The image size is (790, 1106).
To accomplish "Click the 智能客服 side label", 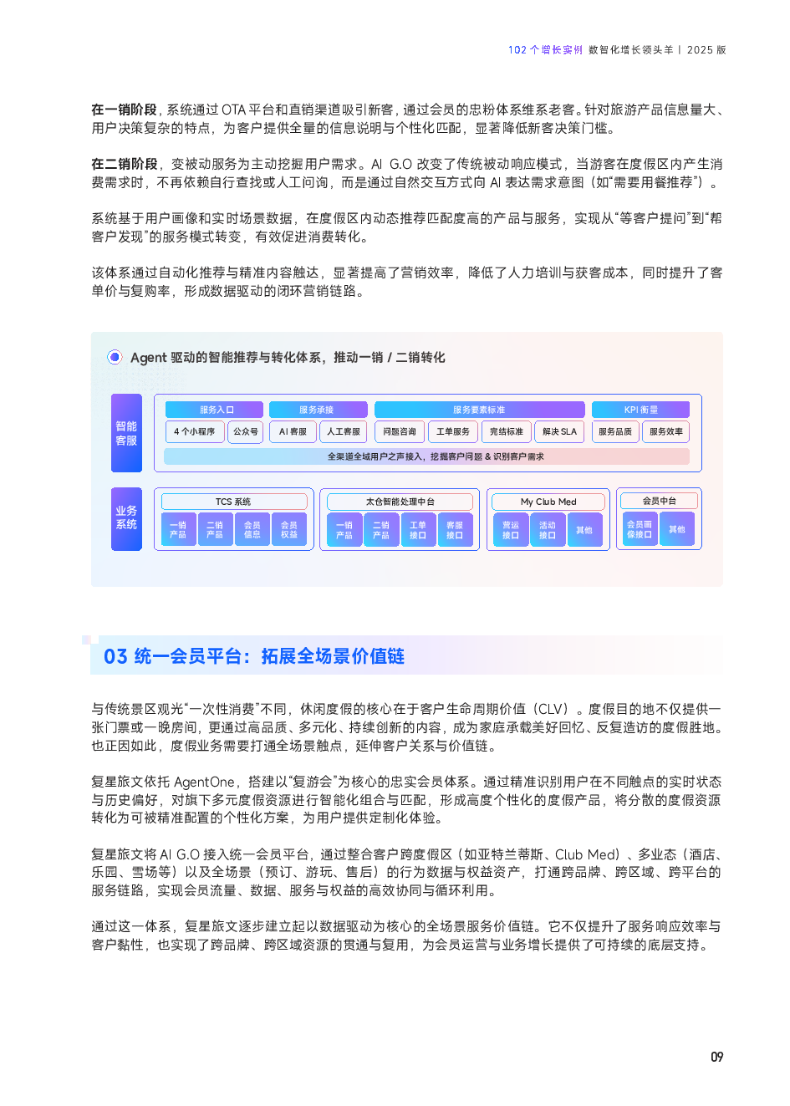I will coord(126,433).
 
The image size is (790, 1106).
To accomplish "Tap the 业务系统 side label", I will coord(126,518).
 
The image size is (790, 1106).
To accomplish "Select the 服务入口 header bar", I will coord(215,410).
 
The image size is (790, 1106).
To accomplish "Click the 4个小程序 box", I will coord(194,431).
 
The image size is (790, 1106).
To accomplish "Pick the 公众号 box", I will coord(245,431).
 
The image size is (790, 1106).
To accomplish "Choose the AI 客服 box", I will coord(293,431).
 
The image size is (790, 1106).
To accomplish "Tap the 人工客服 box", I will coord(344,431).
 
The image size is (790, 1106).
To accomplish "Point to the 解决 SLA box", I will coord(559,431).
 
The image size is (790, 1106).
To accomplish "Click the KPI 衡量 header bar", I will coord(640,410).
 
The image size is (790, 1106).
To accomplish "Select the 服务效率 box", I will coord(666,431).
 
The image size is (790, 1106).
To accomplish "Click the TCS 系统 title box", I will coord(233,502).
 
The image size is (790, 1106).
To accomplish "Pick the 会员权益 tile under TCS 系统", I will coord(288,529).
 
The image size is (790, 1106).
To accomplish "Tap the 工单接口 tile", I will coord(418,529).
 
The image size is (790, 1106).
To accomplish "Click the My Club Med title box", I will coord(548,502).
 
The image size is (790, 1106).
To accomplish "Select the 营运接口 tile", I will coord(511,529).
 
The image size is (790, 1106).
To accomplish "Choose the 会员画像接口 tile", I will coord(640,529).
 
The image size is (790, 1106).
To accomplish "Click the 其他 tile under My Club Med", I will coord(584,529).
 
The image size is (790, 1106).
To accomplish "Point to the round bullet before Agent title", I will coord(115,357).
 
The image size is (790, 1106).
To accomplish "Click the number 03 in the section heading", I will coord(115,656).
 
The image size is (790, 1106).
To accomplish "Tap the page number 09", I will coord(716,1057).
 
